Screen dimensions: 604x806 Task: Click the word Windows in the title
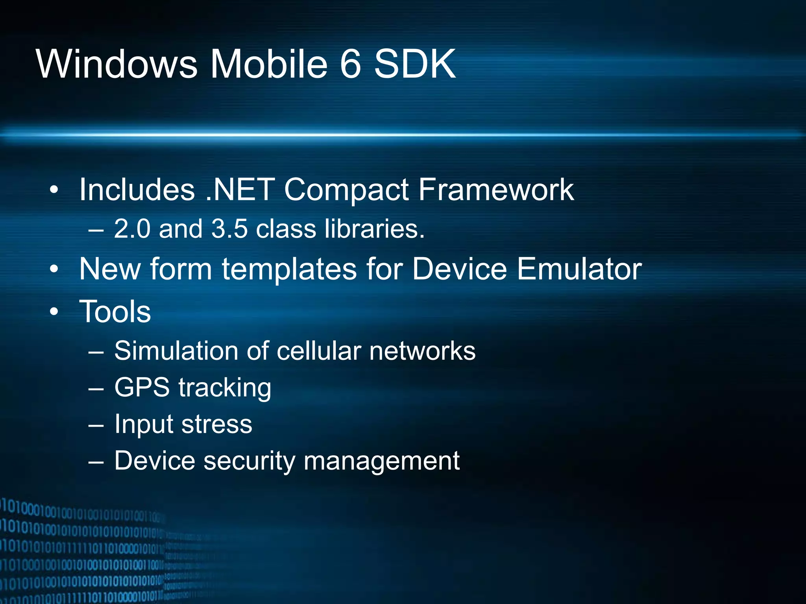click(x=116, y=64)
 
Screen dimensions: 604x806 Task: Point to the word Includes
click(x=137, y=190)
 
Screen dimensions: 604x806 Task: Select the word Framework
click(x=495, y=190)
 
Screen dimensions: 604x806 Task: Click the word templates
click(x=289, y=269)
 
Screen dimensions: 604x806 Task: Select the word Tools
click(x=115, y=311)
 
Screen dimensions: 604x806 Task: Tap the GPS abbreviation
click(x=142, y=387)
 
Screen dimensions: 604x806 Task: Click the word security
click(x=249, y=460)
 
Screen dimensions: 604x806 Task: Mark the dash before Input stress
click(x=96, y=425)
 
